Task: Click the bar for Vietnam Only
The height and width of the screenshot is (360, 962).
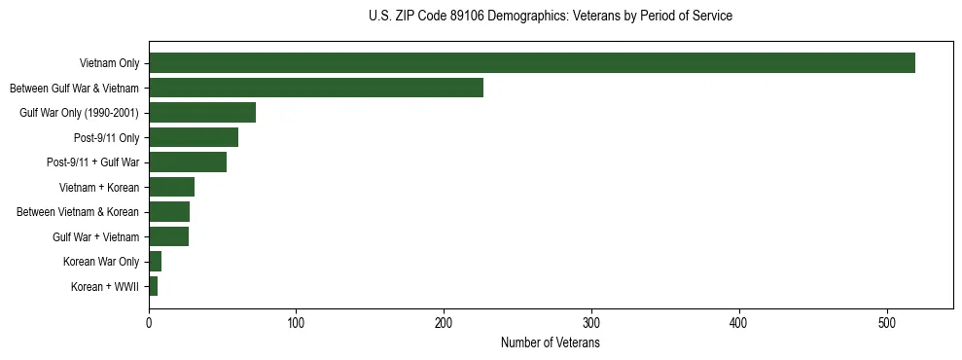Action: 531,63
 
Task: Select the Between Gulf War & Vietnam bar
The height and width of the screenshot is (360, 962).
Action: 315,88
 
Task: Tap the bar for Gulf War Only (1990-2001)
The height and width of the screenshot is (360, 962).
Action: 202,113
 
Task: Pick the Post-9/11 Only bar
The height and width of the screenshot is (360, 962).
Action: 194,137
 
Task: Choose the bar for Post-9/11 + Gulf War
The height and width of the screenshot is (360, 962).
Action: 188,162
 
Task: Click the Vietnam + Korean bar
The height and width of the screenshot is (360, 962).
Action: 171,187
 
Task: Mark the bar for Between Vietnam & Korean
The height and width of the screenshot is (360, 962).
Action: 169,212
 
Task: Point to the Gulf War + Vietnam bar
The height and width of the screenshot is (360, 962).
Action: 168,236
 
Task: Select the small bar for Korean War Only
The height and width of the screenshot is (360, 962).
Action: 155,262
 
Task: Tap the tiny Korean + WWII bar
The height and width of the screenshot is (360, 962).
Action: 153,286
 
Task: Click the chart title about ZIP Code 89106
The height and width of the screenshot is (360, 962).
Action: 551,17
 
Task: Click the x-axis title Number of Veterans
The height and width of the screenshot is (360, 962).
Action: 550,343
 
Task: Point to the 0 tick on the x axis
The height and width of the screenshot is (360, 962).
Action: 149,323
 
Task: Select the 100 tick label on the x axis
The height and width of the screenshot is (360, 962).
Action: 297,323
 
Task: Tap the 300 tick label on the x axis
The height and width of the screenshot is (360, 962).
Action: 591,323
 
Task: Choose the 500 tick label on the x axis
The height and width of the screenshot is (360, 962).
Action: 887,323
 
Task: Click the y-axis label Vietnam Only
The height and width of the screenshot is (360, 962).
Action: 109,64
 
